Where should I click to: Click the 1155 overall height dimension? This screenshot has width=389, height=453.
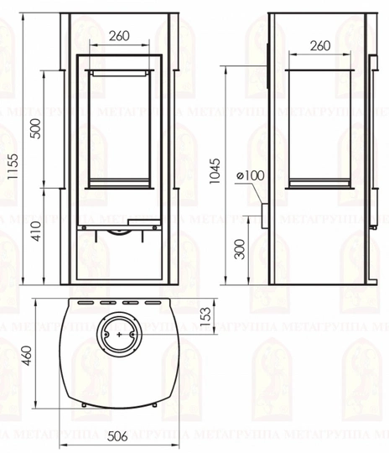pyautogui.click(x=13, y=166)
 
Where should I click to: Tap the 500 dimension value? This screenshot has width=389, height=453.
pyautogui.click(x=35, y=128)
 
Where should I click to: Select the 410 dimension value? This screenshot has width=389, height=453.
pyautogui.click(x=36, y=232)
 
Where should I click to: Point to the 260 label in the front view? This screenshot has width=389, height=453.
pyautogui.click(x=119, y=36)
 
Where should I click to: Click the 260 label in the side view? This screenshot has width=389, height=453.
pyautogui.click(x=320, y=45)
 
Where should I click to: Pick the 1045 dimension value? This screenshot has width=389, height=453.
pyautogui.click(x=215, y=171)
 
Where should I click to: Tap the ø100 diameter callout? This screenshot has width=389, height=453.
pyautogui.click(x=250, y=175)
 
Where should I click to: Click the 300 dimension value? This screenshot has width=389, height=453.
pyautogui.click(x=240, y=249)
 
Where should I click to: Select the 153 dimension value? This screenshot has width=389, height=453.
pyautogui.click(x=205, y=317)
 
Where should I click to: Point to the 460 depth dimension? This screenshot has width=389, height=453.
pyautogui.click(x=28, y=356)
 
